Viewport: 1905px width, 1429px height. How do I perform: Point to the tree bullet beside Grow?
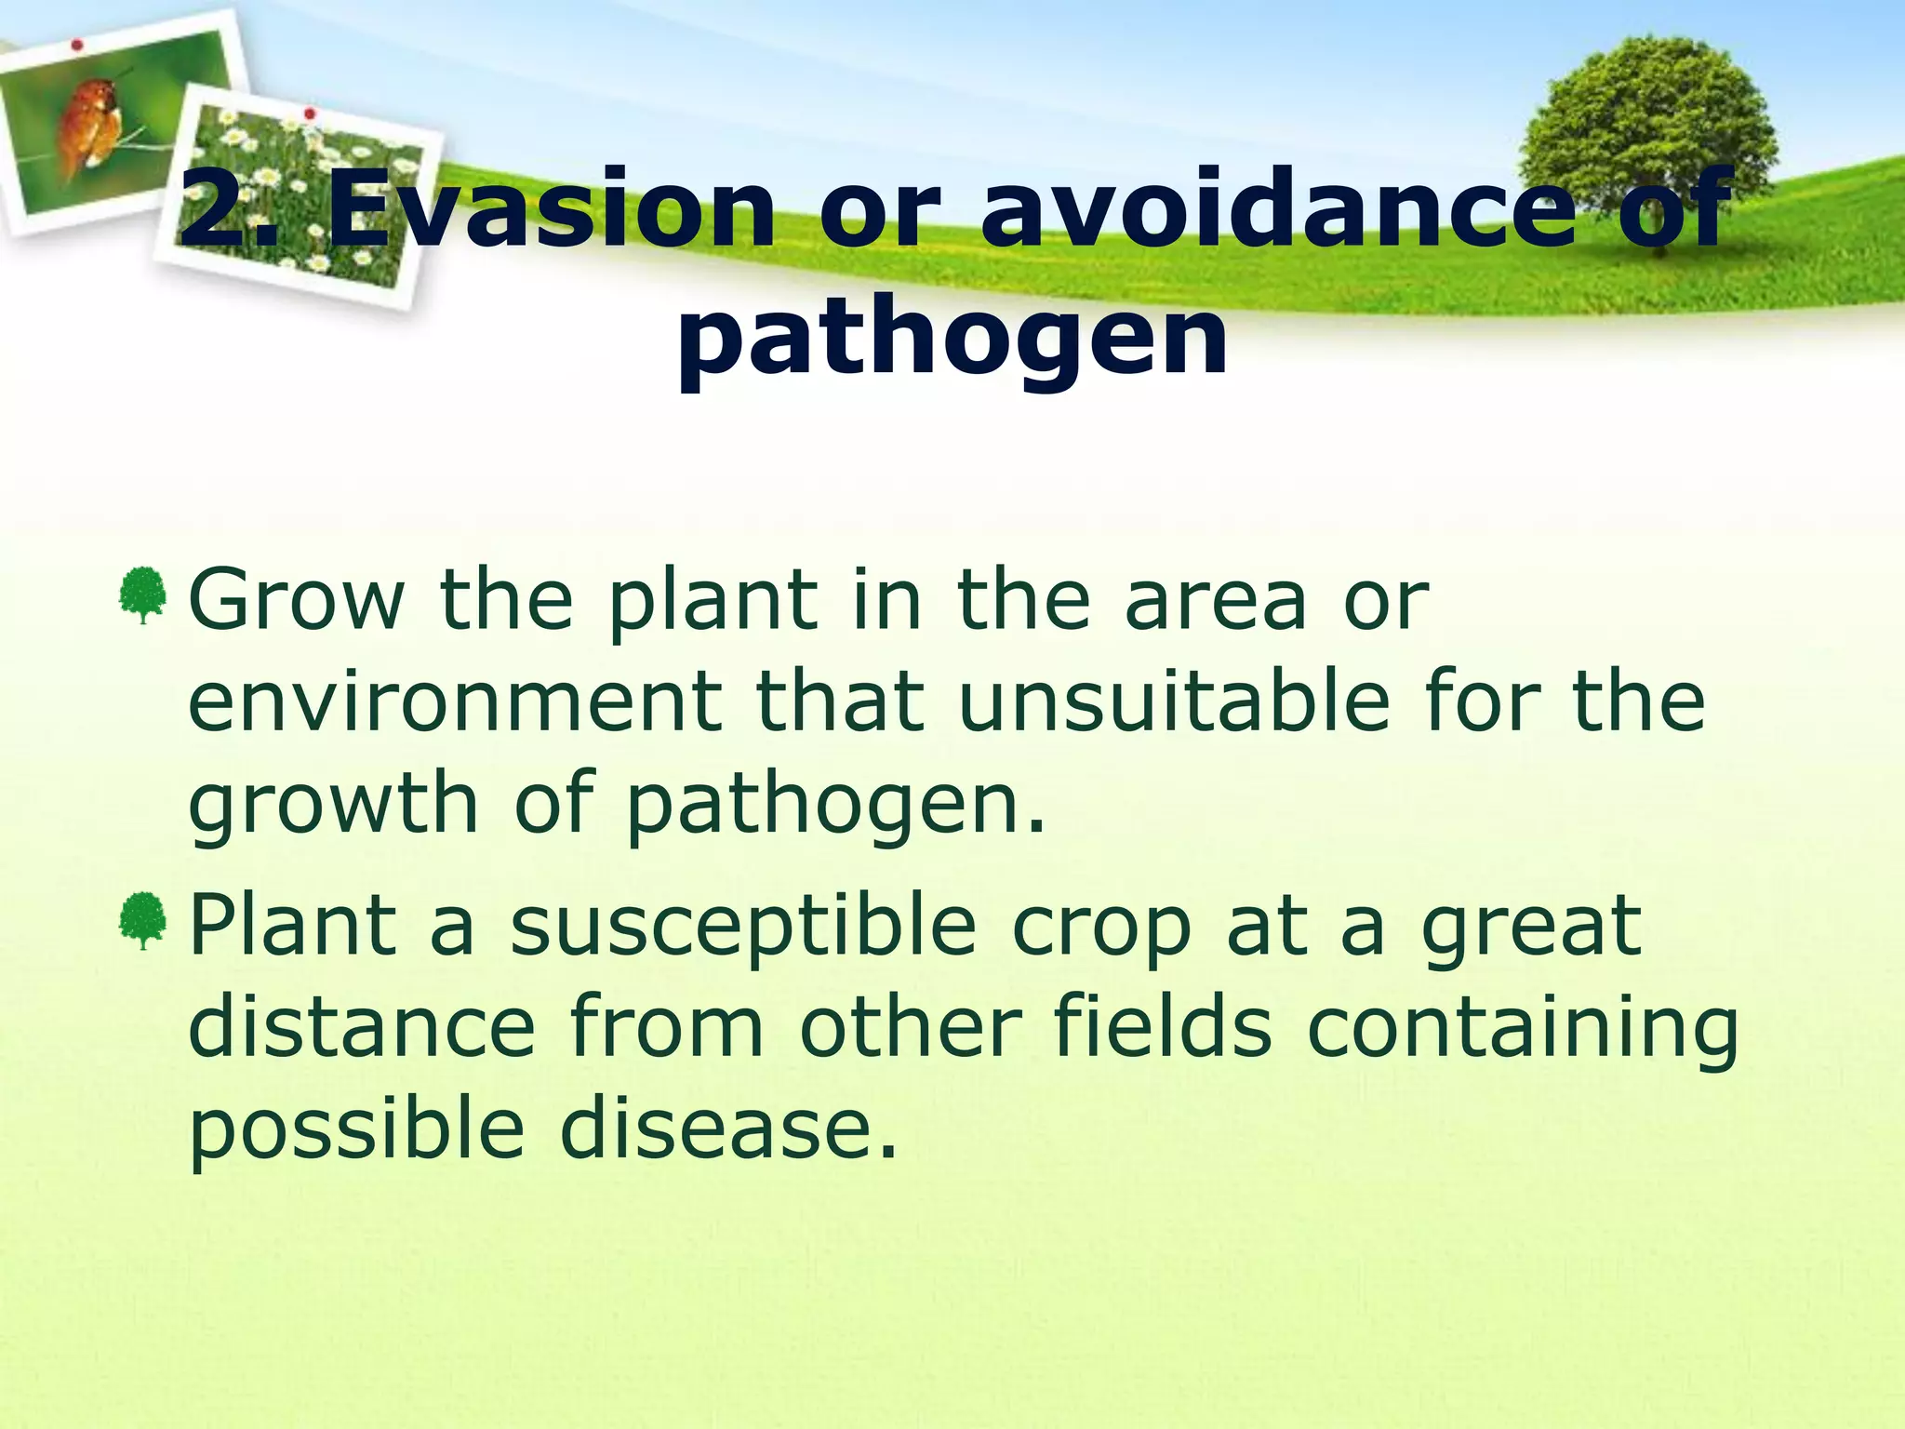pyautogui.click(x=142, y=595)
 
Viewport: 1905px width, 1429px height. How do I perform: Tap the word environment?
pyautogui.click(x=455, y=702)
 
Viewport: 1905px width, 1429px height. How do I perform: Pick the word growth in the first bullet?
pyautogui.click(x=333, y=805)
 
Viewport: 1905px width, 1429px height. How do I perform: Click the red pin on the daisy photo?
pyautogui.click(x=311, y=114)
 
